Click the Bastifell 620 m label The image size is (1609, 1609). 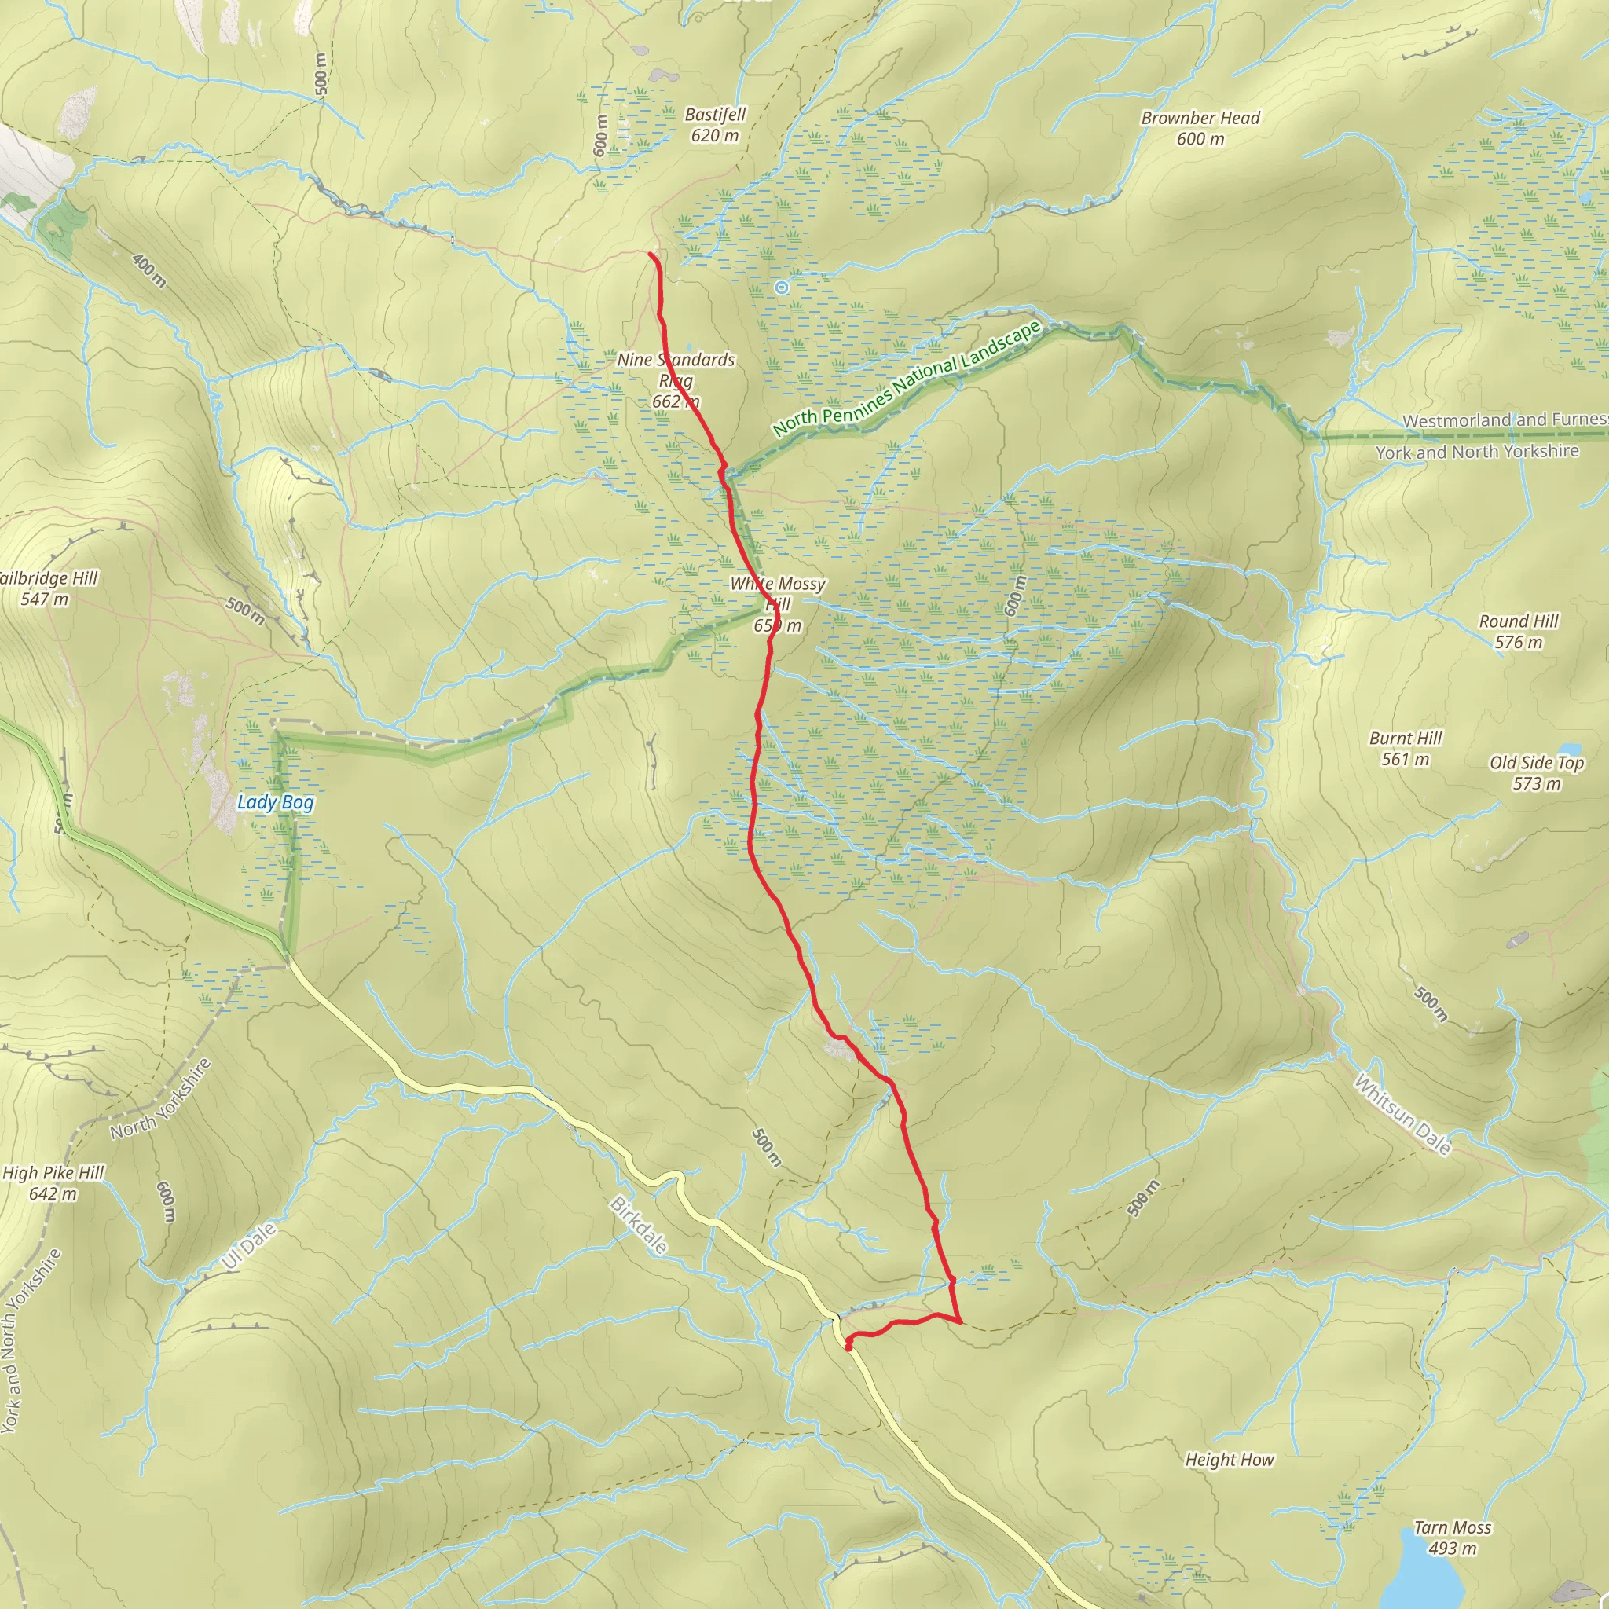(x=715, y=125)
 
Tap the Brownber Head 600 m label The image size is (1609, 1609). (x=1200, y=128)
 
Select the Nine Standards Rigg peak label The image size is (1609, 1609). (x=676, y=380)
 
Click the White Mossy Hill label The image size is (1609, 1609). (x=777, y=604)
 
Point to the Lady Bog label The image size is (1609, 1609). (x=276, y=802)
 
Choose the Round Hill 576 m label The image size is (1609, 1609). (x=1518, y=632)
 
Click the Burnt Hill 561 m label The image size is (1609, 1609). (x=1405, y=748)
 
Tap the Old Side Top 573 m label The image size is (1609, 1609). (x=1537, y=772)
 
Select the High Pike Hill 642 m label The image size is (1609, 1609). (x=53, y=1182)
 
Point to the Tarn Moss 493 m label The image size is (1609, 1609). (x=1453, y=1538)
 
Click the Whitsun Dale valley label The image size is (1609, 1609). (x=1402, y=1114)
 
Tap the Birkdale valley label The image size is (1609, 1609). (x=639, y=1225)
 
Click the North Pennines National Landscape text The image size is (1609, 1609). (x=906, y=379)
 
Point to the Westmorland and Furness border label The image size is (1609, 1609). (x=1504, y=420)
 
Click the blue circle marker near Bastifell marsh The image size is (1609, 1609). (x=781, y=288)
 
